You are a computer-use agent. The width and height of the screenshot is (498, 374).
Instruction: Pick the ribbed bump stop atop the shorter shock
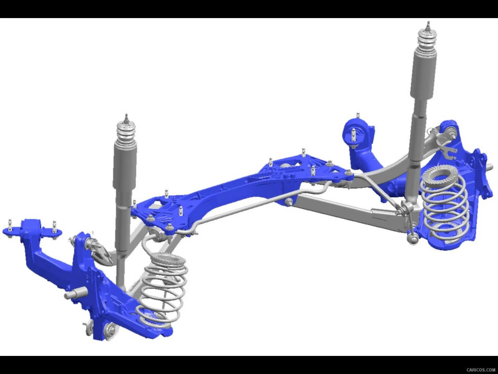[126, 132]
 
